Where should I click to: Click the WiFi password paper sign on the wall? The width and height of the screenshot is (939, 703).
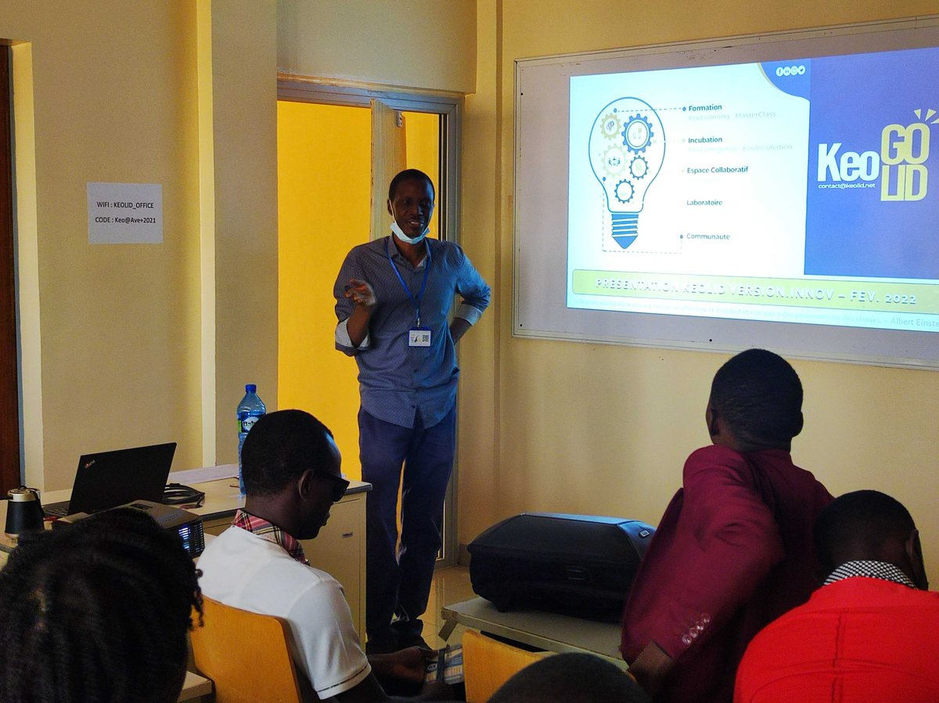[x=124, y=213]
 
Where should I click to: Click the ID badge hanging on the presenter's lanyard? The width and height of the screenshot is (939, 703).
[x=419, y=337]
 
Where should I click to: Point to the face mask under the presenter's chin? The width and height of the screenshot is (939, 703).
[x=408, y=233]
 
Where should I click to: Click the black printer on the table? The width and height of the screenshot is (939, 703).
[x=559, y=562]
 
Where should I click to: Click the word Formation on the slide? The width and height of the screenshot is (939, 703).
[x=705, y=108]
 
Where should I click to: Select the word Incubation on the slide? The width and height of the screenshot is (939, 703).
[x=705, y=140]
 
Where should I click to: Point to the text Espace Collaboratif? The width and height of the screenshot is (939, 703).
[x=717, y=170]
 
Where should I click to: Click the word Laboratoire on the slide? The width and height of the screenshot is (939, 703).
[x=704, y=203]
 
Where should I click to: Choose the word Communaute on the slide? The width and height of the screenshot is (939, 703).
[x=707, y=236]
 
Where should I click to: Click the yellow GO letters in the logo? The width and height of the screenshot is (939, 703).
[x=905, y=143]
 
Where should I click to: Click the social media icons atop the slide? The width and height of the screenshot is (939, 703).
[x=790, y=70]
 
